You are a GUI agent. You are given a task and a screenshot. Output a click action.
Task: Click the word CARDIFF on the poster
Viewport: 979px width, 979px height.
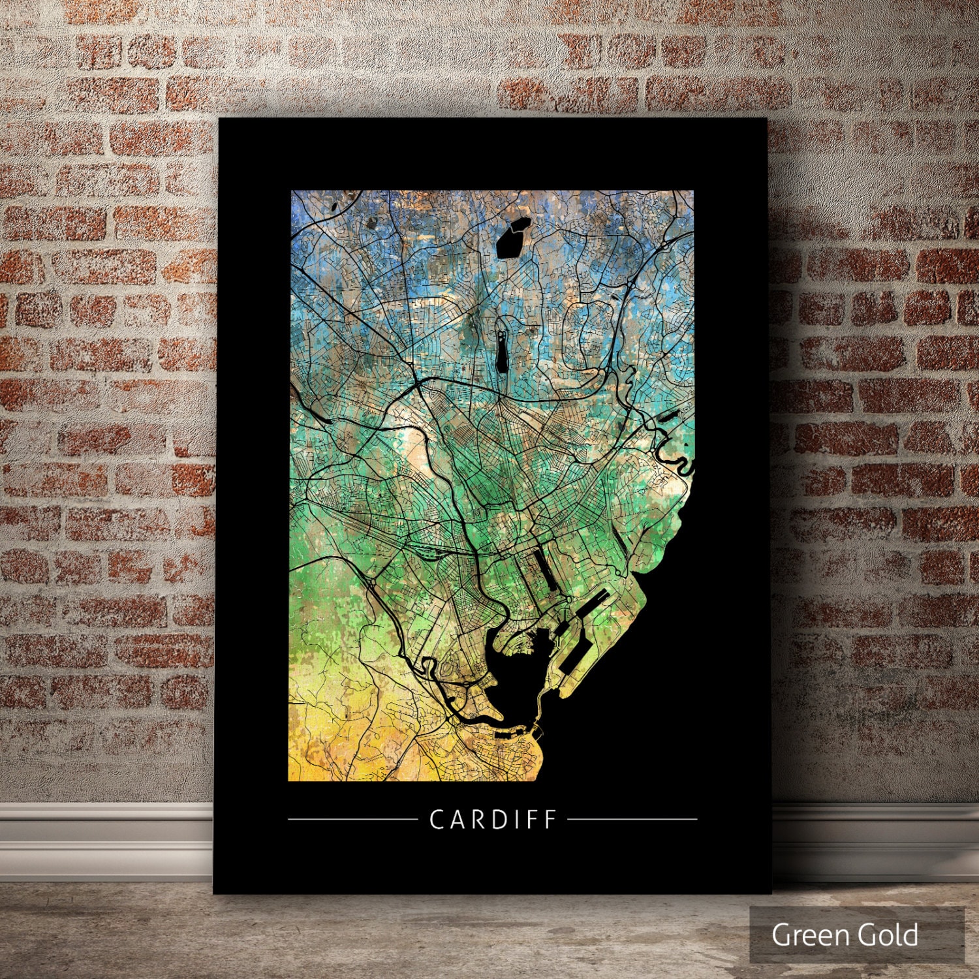click(493, 819)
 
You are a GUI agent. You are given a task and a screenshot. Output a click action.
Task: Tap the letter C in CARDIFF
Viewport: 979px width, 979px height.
click(436, 819)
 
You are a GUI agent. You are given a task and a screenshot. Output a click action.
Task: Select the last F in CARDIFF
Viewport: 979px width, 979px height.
click(550, 819)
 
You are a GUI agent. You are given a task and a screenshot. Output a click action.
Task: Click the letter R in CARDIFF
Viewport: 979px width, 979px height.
click(475, 819)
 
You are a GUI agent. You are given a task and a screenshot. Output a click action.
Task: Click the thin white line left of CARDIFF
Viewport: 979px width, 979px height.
click(352, 818)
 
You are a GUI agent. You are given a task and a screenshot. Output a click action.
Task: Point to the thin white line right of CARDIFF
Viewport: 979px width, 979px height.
click(632, 818)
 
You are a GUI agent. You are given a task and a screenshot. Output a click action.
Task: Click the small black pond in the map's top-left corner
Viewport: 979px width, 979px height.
click(334, 206)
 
